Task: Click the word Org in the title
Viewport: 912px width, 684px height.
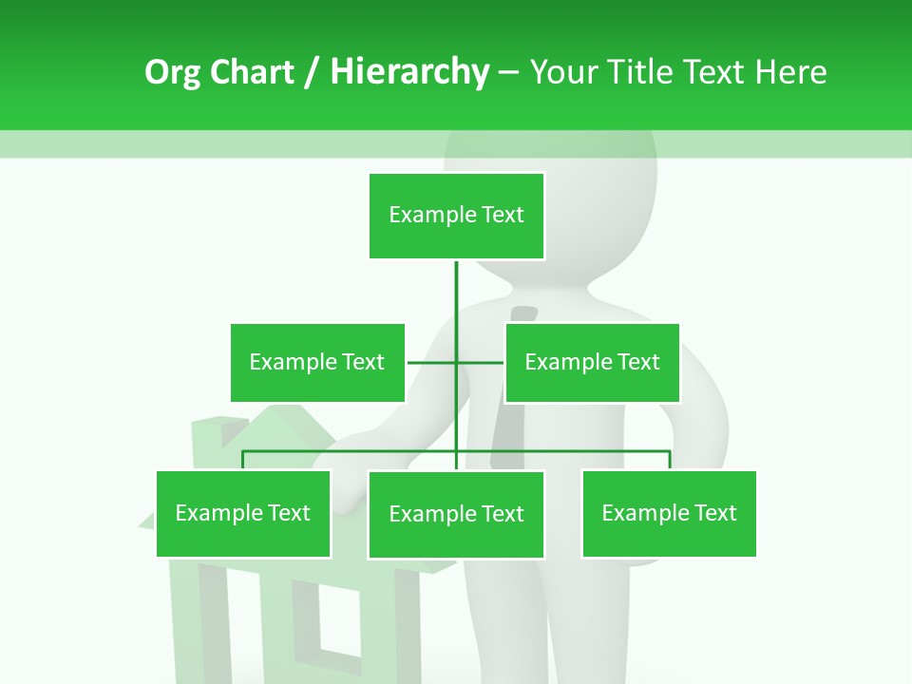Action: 173,73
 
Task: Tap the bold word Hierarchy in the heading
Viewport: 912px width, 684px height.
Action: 409,73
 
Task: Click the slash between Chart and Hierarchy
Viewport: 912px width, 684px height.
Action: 312,73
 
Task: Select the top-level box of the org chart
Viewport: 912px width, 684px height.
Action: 456,216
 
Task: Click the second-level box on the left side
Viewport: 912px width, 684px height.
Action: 317,362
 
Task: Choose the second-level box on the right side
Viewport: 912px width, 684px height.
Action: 592,362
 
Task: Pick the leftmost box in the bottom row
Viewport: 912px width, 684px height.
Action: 243,514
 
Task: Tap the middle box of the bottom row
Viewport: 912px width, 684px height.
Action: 456,514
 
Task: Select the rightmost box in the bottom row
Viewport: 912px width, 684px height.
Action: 669,514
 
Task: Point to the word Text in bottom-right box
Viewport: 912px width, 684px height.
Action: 715,514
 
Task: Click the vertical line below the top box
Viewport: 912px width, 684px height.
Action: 456,294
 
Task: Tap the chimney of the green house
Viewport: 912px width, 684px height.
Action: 206,432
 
